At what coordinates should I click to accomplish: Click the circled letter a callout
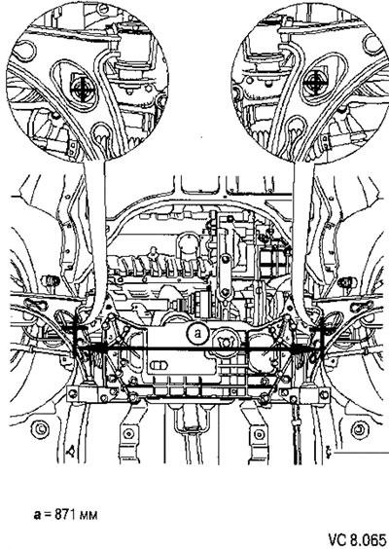(197, 333)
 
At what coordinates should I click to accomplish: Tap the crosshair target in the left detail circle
(83, 90)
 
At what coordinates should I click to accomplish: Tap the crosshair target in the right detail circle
(315, 84)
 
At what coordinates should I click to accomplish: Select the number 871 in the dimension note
(65, 515)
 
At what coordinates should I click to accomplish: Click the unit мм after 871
(88, 516)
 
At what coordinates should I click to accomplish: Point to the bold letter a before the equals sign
(37, 515)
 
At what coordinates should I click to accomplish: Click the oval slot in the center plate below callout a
(159, 366)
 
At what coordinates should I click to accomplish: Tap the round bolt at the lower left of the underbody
(40, 428)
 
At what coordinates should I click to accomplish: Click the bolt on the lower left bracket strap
(128, 434)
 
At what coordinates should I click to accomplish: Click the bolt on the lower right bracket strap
(259, 434)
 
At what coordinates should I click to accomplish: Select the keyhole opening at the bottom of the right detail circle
(295, 125)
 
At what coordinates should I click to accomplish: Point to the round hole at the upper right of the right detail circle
(371, 44)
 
